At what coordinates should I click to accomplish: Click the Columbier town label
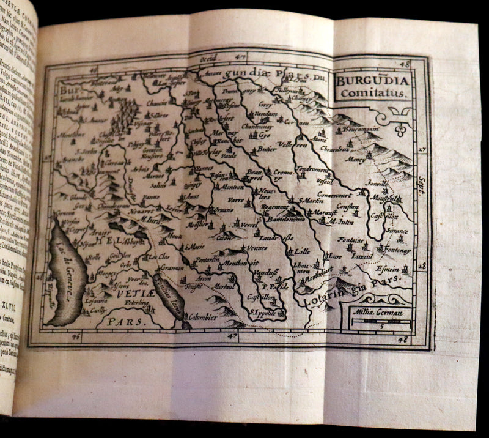tap(202, 318)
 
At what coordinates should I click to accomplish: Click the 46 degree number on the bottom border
tap(76, 336)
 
